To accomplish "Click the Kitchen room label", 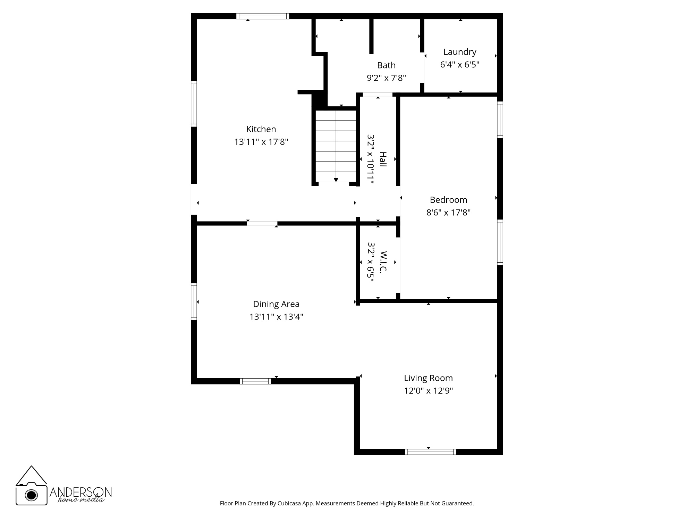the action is [261, 129].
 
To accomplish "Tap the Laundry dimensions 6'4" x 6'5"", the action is [460, 65].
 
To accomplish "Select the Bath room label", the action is [386, 65].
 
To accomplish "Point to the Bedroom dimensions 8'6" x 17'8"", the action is [448, 212].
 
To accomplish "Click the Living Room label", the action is [428, 378].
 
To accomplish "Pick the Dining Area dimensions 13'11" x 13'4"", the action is [276, 317].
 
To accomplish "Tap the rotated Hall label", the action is [383, 159].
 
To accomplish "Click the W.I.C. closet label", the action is [383, 262].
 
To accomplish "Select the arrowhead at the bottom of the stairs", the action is [336, 180].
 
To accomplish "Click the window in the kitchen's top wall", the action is [263, 16].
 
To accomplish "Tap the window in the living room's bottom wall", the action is [430, 452].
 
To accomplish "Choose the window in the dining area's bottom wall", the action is [255, 381].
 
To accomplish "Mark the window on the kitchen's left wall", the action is [194, 104].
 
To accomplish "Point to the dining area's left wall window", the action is [194, 301].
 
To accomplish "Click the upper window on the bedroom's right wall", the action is [500, 119].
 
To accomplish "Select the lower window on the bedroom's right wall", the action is [500, 242].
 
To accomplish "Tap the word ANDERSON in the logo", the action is [81, 492].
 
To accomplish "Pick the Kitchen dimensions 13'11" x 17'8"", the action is [261, 142].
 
